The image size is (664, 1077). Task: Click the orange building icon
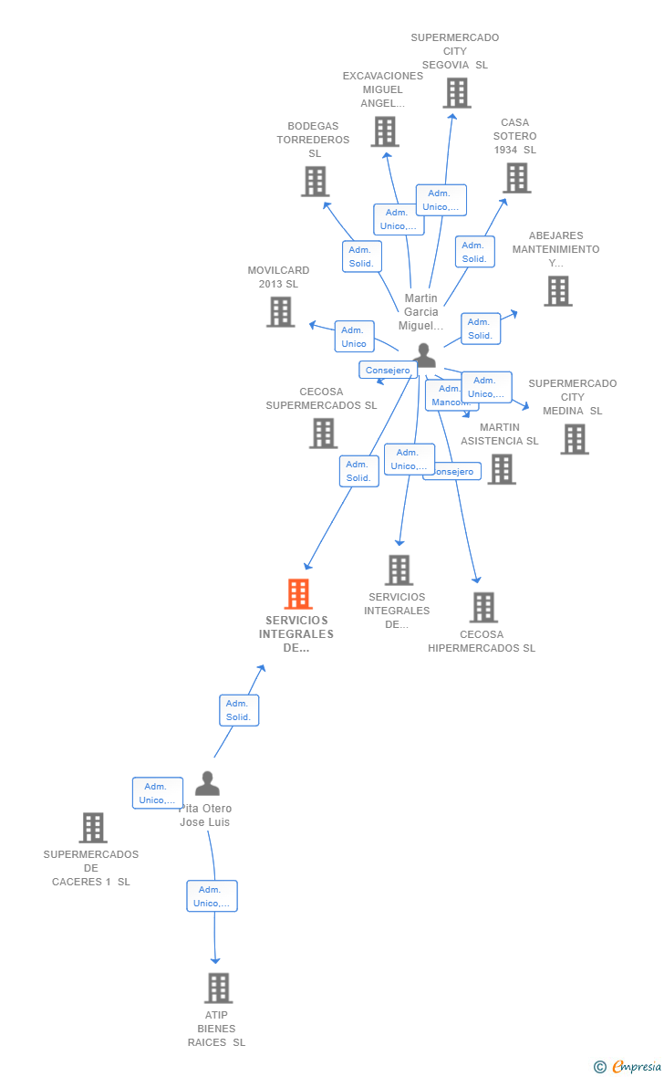pyautogui.click(x=298, y=594)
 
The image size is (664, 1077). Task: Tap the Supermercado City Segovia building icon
pyautogui.click(x=456, y=92)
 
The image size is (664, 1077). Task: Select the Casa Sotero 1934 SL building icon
pyautogui.click(x=516, y=178)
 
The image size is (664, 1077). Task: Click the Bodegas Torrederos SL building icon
pyautogui.click(x=315, y=181)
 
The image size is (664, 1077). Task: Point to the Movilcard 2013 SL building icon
pyautogui.click(x=280, y=311)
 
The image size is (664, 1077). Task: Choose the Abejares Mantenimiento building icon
pyautogui.click(x=557, y=290)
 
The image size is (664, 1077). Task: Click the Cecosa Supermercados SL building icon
pyautogui.click(x=323, y=433)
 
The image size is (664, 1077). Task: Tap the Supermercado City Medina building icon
pyautogui.click(x=574, y=439)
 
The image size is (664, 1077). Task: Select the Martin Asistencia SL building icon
pyautogui.click(x=501, y=469)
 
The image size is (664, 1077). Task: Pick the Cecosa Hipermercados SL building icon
pyautogui.click(x=482, y=607)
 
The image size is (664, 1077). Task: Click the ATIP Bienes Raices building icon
pyautogui.click(x=217, y=988)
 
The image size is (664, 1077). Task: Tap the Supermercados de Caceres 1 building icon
pyautogui.click(x=92, y=828)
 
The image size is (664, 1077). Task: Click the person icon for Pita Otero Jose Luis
pyautogui.click(x=207, y=784)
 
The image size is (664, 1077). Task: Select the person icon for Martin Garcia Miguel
pyautogui.click(x=424, y=354)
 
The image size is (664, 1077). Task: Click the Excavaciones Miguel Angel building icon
pyautogui.click(x=385, y=131)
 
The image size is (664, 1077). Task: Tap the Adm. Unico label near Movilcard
pyautogui.click(x=354, y=337)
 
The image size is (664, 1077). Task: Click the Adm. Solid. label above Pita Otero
pyautogui.click(x=239, y=710)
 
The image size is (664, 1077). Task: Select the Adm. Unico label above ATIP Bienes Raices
pyautogui.click(x=212, y=896)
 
